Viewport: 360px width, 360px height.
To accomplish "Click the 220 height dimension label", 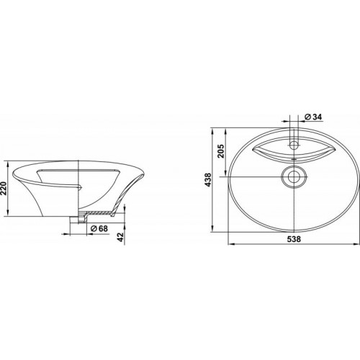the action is pyautogui.click(x=4, y=189).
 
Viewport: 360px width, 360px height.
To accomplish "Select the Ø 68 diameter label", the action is pyautogui.click(x=99, y=228).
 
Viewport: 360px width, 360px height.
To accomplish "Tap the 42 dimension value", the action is pyautogui.click(x=121, y=237).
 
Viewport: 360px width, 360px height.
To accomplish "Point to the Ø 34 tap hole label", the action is pyautogui.click(x=313, y=117).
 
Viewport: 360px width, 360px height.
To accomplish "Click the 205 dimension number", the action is pyautogui.click(x=221, y=150).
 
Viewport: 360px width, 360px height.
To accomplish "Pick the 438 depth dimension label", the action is pyautogui.click(x=208, y=180).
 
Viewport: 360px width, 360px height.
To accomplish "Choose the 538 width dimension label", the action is pyautogui.click(x=294, y=239).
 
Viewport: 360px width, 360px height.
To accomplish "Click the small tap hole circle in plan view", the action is pyautogui.click(x=294, y=145).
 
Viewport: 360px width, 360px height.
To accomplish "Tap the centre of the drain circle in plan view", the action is pyautogui.click(x=294, y=177).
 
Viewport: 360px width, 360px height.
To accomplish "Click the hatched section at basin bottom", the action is pyautogui.click(x=99, y=212).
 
